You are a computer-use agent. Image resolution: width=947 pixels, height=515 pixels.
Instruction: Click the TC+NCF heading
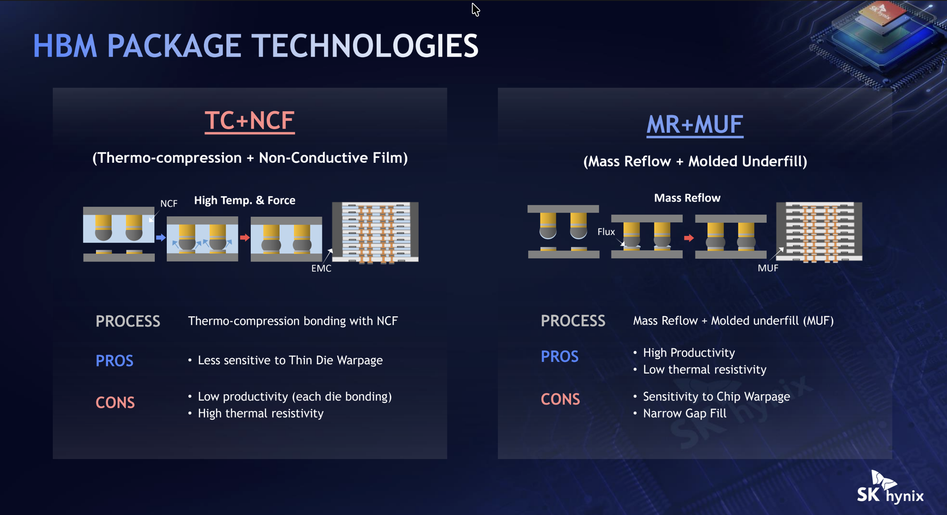pyautogui.click(x=250, y=121)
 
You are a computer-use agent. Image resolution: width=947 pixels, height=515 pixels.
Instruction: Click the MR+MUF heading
pyautogui.click(x=695, y=124)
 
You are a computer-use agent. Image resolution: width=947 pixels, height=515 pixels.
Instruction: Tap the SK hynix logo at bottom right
pyautogui.click(x=890, y=487)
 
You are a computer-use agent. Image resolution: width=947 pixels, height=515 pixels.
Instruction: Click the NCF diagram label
pyautogui.click(x=169, y=204)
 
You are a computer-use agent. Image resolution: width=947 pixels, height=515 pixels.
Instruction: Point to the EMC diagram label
pyautogui.click(x=321, y=268)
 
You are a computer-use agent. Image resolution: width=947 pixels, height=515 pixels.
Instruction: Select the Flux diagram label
pyautogui.click(x=606, y=232)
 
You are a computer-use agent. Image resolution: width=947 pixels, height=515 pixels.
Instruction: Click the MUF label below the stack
pyautogui.click(x=768, y=268)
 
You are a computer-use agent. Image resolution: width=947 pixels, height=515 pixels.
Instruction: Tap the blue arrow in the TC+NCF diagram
pyautogui.click(x=161, y=238)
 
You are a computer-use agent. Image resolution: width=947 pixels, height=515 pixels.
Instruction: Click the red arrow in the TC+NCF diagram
pyautogui.click(x=245, y=238)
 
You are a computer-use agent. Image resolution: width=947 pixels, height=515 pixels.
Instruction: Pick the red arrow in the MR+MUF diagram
pyautogui.click(x=689, y=238)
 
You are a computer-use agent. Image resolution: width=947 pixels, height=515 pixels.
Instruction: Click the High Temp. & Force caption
pyautogui.click(x=245, y=200)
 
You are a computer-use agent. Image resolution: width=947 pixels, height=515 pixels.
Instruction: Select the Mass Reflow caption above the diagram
pyautogui.click(x=687, y=198)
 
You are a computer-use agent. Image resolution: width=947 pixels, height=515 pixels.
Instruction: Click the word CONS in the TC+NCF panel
pyautogui.click(x=115, y=403)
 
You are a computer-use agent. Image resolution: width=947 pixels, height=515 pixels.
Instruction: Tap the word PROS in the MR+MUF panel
pyautogui.click(x=559, y=357)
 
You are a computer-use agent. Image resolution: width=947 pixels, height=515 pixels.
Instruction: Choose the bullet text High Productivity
pyautogui.click(x=689, y=353)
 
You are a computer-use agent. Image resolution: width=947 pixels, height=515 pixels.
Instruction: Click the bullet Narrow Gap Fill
pyautogui.click(x=685, y=413)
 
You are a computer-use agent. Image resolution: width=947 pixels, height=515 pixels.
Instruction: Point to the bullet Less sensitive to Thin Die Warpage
pyautogui.click(x=290, y=360)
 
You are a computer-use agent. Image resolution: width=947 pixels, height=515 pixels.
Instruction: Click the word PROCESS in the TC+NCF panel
pyautogui.click(x=128, y=321)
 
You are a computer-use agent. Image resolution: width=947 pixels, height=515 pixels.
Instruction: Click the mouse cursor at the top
pyautogui.click(x=475, y=10)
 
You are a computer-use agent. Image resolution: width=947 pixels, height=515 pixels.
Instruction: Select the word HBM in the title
pyautogui.click(x=65, y=46)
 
